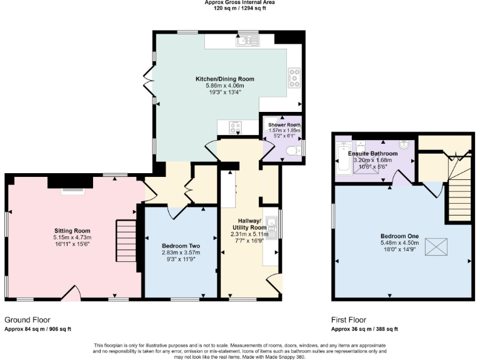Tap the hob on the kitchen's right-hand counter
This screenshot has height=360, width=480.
click(x=294, y=77)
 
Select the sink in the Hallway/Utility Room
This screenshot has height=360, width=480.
click(x=271, y=222)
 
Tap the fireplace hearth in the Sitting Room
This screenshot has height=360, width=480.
click(x=70, y=190)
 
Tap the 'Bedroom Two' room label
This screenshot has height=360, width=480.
click(x=179, y=246)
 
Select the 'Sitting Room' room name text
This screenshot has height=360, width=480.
click(x=72, y=230)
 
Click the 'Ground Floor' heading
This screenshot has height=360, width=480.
click(x=27, y=319)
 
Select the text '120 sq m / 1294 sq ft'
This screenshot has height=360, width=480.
click(x=239, y=9)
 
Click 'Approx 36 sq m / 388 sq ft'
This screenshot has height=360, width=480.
click(x=364, y=329)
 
